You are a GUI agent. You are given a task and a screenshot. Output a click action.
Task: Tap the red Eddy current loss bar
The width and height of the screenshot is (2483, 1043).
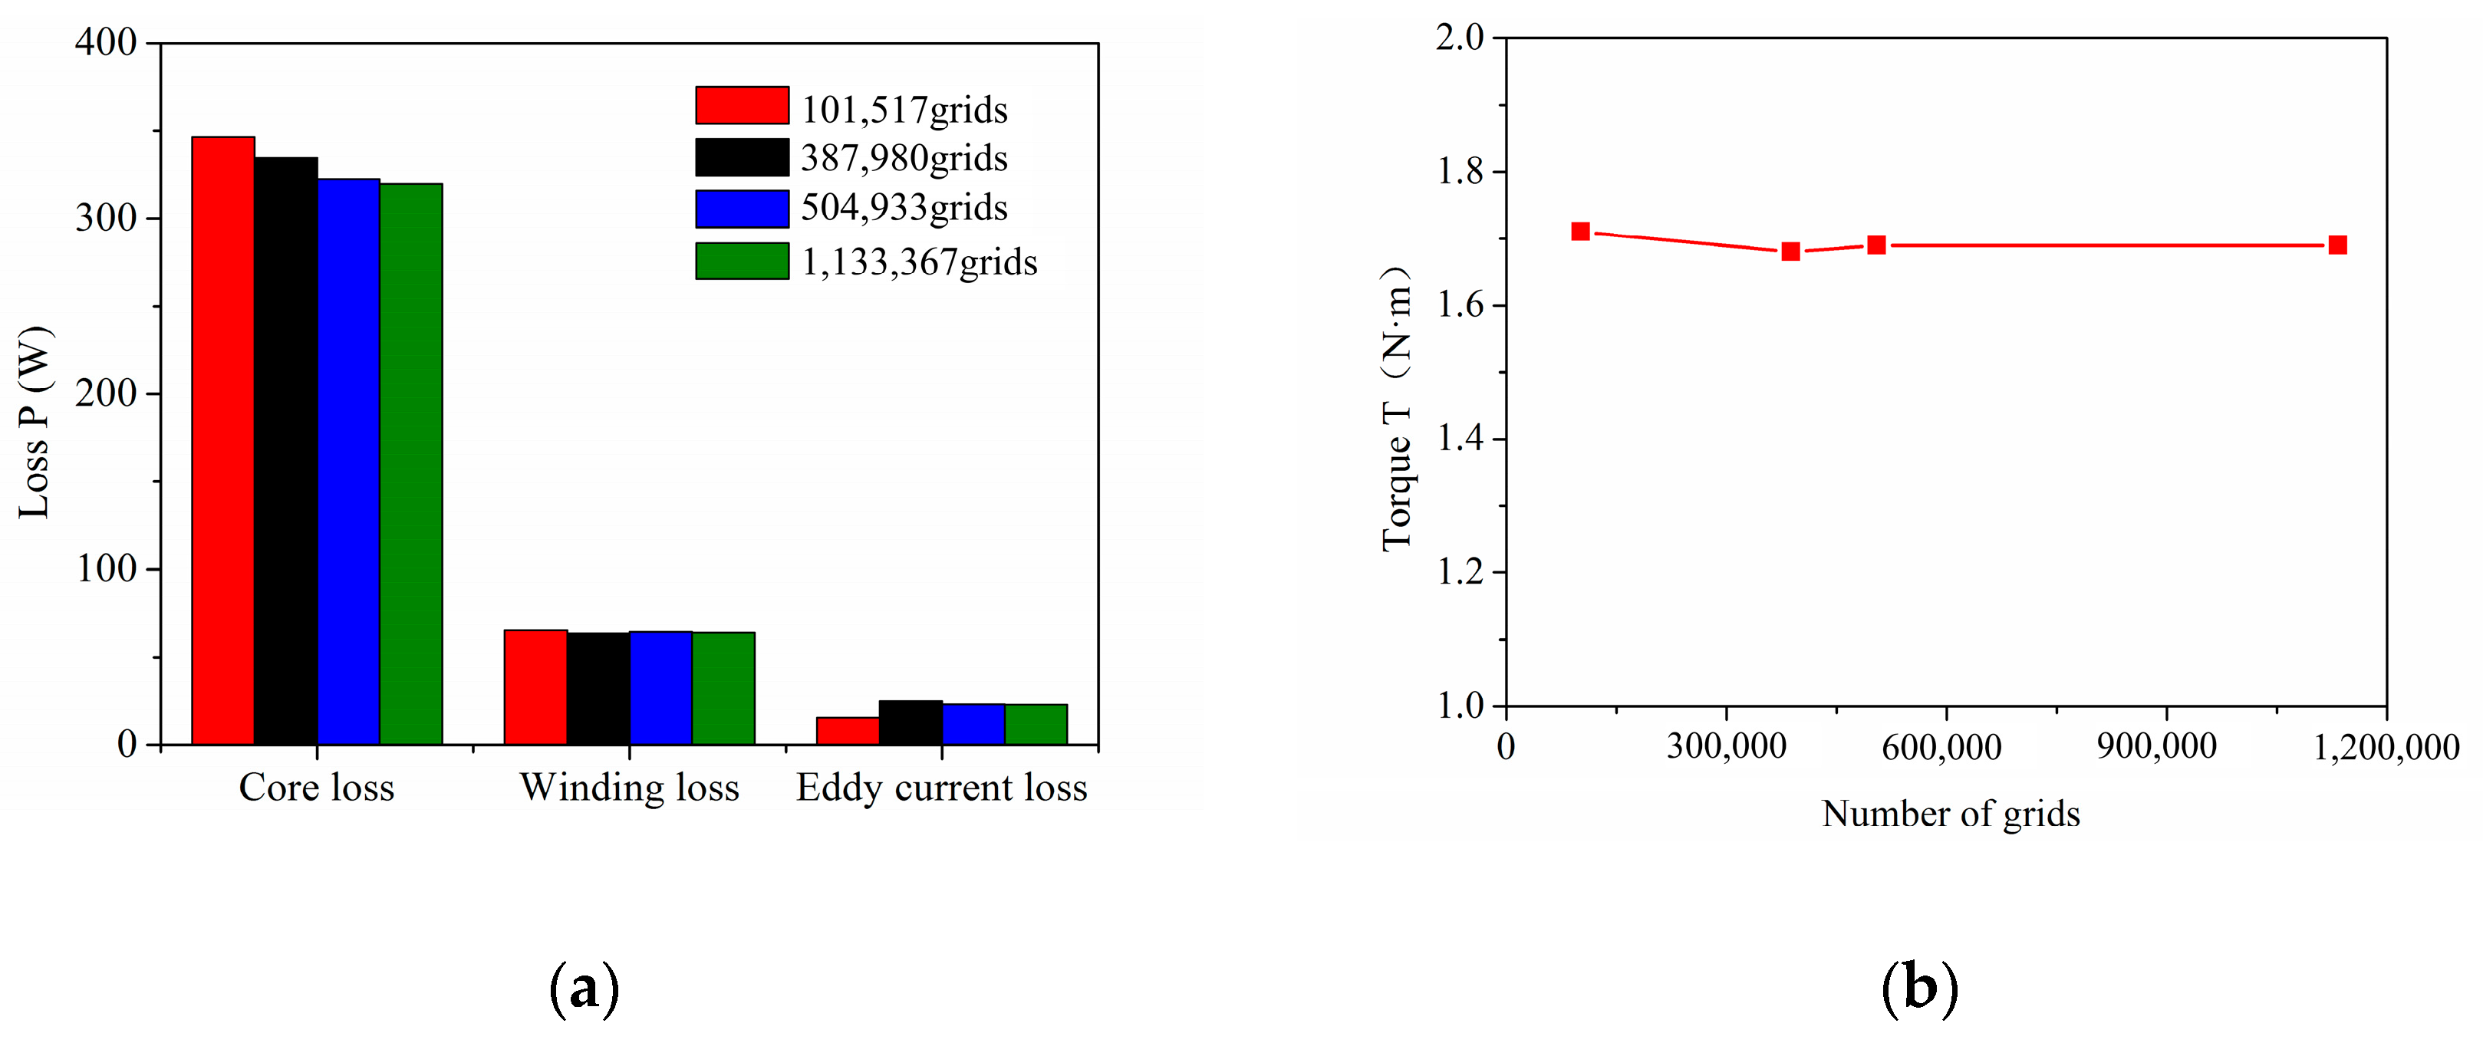coord(848,731)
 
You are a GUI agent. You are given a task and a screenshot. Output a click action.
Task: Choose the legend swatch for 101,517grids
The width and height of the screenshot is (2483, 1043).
coord(741,105)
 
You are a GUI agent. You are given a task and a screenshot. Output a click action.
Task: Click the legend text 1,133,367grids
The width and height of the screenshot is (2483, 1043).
coord(919,262)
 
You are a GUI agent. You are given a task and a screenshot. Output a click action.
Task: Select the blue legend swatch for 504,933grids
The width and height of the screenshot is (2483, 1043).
coord(741,208)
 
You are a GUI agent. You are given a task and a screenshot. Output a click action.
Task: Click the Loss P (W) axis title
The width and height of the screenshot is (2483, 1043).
coord(35,423)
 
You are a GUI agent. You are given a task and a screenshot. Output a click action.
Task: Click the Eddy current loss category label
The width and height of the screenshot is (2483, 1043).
coord(940,788)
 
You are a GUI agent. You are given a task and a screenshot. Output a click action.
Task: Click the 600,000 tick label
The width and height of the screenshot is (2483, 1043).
coord(1941,747)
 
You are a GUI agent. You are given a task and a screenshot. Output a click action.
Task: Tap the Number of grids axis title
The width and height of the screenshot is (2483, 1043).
coord(1950,814)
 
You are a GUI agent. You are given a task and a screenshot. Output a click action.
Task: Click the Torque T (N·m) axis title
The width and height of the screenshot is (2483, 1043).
coord(1397,410)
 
